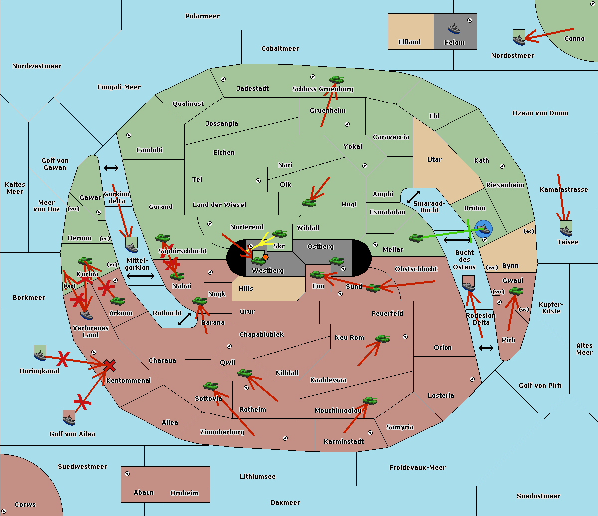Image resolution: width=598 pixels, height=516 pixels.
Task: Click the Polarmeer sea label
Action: [202, 16]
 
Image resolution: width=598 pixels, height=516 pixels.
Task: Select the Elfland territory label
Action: [409, 42]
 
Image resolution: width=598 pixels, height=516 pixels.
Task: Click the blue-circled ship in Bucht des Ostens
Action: [483, 229]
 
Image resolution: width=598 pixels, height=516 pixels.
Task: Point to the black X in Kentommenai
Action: [110, 366]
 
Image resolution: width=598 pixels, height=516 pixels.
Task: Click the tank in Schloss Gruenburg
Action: [337, 80]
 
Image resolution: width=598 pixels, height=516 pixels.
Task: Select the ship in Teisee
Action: [566, 228]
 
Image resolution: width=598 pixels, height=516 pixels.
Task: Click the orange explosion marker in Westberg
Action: [265, 257]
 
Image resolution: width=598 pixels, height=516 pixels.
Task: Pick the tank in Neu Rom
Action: [383, 339]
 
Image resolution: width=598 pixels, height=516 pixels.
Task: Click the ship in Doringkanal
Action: [40, 353]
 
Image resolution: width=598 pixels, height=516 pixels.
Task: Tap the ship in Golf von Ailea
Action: [69, 417]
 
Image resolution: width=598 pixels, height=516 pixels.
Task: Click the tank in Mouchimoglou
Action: [370, 400]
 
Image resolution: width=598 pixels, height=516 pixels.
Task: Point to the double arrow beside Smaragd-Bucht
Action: [413, 197]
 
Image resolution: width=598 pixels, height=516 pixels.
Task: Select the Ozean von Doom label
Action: [540, 113]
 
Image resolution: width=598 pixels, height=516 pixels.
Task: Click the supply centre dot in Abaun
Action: [127, 474]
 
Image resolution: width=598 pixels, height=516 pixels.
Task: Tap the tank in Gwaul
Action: [516, 291]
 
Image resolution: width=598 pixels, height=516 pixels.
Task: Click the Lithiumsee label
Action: [257, 477]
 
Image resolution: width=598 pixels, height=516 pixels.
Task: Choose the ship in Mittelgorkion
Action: [131, 245]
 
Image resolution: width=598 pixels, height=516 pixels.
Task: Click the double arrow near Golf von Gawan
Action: [111, 168]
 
